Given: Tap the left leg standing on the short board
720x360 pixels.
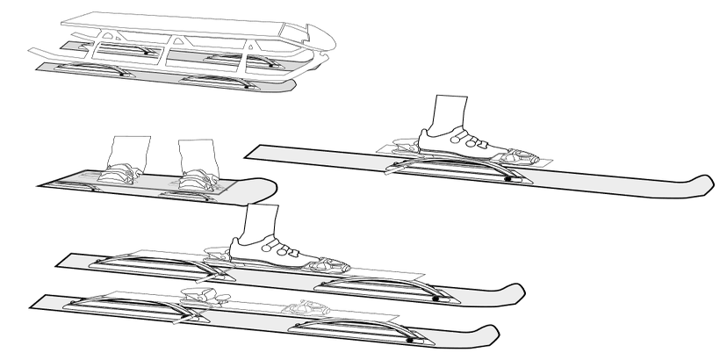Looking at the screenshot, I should click(x=131, y=151).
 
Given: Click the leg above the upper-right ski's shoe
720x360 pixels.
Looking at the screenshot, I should click(x=453, y=109).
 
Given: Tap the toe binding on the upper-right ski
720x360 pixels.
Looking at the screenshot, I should click(x=523, y=158).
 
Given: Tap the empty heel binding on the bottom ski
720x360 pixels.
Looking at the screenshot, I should click(x=198, y=296).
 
